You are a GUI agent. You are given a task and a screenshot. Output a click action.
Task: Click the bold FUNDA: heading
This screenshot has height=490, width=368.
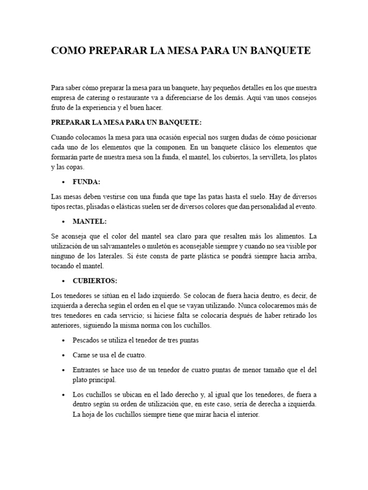point(86,182)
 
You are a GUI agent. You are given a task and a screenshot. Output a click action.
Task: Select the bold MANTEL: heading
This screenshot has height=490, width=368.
point(89,222)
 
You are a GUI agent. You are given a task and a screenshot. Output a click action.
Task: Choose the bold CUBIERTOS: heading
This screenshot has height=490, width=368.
point(95,280)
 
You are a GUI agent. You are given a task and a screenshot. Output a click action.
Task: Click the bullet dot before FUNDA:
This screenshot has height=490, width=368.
point(64,183)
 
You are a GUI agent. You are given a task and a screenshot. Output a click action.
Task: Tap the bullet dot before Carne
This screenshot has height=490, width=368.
point(64,356)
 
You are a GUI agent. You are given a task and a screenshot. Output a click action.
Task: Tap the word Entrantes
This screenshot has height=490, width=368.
point(87,370)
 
